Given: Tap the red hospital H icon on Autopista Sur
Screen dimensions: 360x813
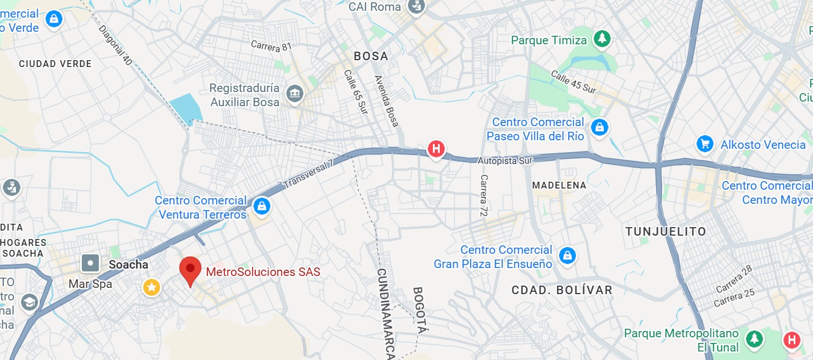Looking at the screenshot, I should pos(436,149).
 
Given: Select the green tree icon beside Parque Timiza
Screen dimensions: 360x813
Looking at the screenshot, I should pos(601,39).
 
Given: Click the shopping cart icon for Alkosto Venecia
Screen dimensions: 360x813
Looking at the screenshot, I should pos(704,144).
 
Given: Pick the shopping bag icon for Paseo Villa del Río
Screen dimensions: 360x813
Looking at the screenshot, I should pos(599,128).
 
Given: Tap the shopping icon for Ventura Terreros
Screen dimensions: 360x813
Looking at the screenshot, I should pos(261,206).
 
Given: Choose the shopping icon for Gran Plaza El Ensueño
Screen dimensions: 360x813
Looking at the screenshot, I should pos(566,256).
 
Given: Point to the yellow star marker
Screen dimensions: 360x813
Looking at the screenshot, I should pos(151,287).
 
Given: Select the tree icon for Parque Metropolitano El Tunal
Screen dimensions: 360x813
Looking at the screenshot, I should pos(754,339).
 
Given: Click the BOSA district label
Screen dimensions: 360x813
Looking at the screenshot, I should pos(371,56).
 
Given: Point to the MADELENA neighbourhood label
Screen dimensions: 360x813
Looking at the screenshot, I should pos(558,186).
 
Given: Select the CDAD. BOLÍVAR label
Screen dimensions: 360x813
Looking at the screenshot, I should pos(561,290).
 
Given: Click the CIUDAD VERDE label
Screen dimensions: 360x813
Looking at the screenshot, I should pos(55,64).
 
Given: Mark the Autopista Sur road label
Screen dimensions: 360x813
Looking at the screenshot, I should pos(505,161).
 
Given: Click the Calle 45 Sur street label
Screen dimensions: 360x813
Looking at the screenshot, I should pos(573,82).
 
